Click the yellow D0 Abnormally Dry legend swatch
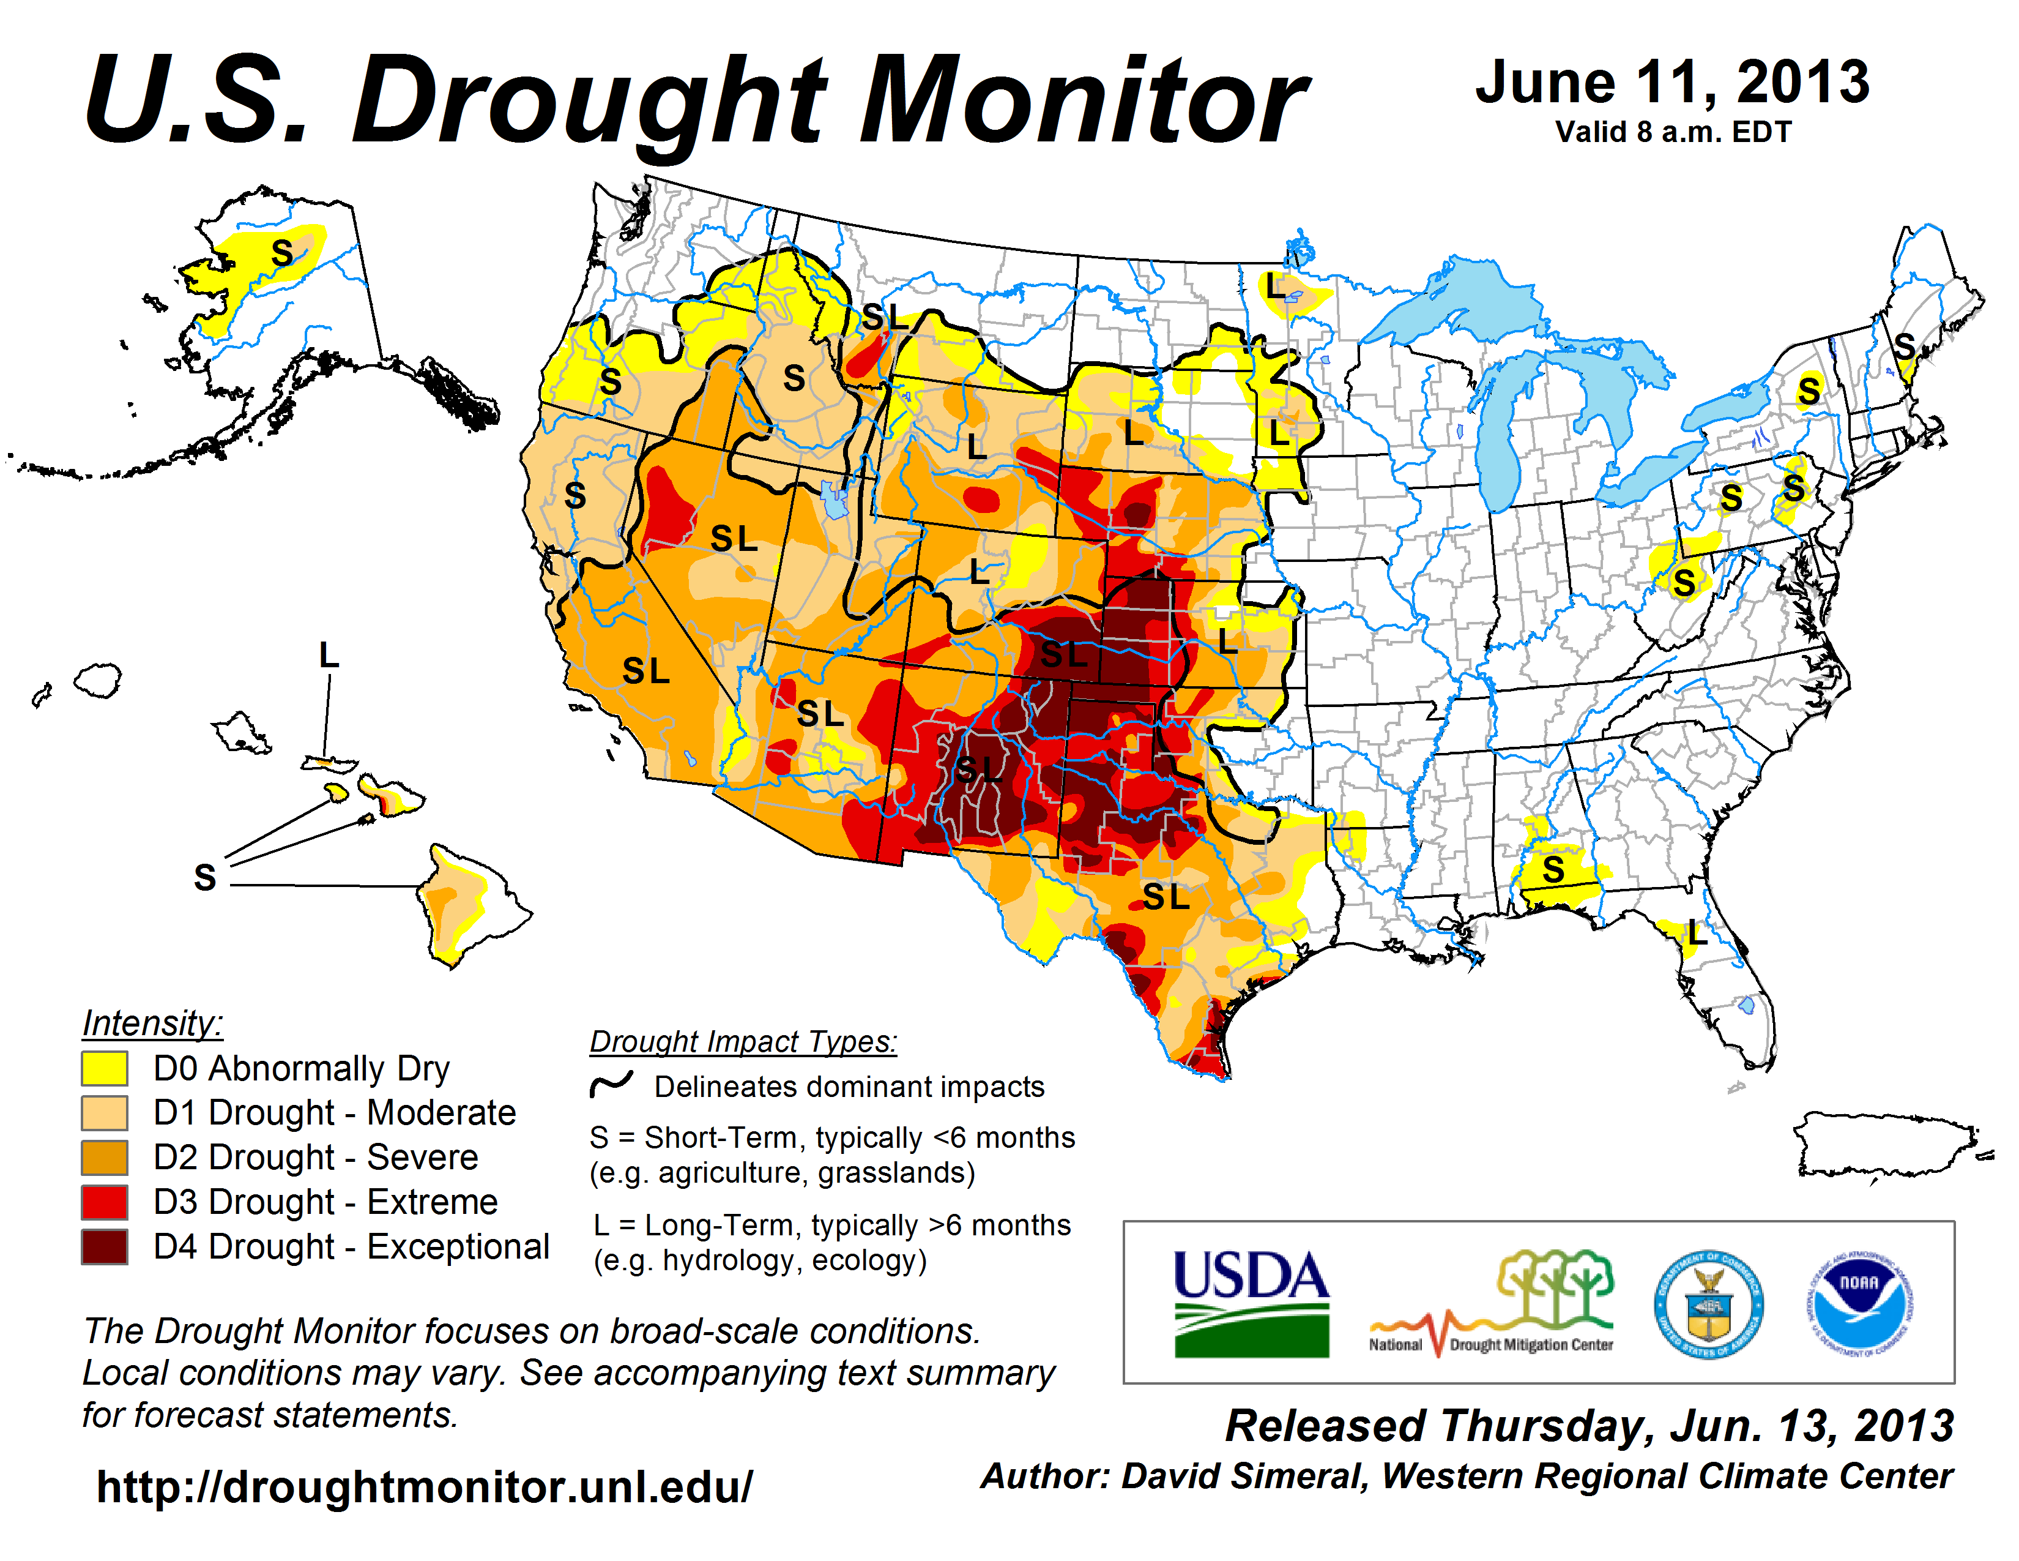click(105, 1068)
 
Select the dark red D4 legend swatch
click(105, 1246)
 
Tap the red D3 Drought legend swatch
click(105, 1202)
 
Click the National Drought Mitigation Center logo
click(1490, 1303)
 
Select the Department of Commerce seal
click(1708, 1304)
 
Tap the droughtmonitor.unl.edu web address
click(425, 1487)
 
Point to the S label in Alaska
click(282, 252)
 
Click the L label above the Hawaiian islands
click(328, 655)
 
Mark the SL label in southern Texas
click(1166, 896)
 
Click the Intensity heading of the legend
click(152, 1024)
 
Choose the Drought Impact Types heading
click(743, 1041)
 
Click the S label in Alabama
click(1553, 869)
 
